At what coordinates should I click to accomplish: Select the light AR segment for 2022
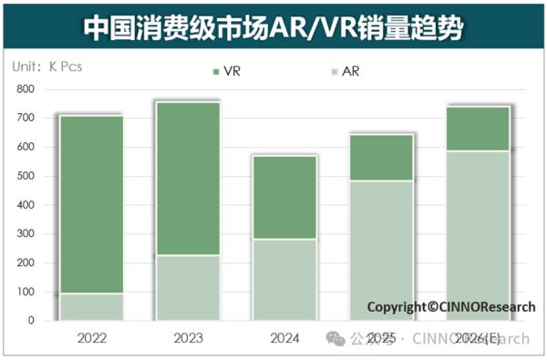coord(91,307)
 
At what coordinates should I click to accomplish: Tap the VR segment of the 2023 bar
coord(188,179)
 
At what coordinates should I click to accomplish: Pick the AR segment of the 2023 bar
coord(188,288)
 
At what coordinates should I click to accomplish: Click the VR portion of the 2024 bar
coord(284,198)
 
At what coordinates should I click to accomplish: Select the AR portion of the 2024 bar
coord(284,280)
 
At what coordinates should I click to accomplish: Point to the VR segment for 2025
coord(381,158)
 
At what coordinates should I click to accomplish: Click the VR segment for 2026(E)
coord(478,129)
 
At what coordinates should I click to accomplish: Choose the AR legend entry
coord(343,70)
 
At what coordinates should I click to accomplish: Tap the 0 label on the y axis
coord(30,321)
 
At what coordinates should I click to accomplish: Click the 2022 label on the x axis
coord(91,339)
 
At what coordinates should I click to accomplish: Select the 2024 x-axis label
coord(284,339)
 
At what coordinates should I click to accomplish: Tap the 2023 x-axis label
coord(188,339)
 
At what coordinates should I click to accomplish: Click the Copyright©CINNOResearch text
coord(450,307)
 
